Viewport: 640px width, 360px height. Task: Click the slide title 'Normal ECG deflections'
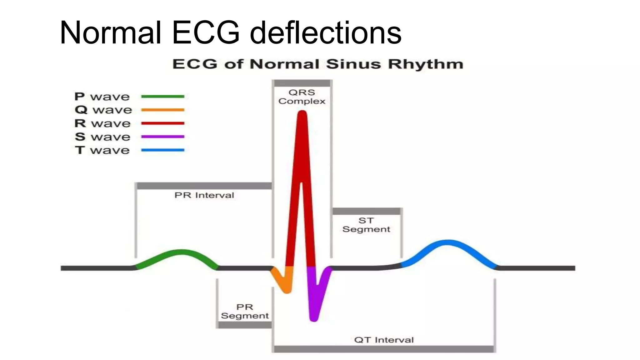(230, 32)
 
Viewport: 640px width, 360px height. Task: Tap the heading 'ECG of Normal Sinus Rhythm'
(317, 64)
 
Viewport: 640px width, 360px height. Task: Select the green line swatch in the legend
(162, 97)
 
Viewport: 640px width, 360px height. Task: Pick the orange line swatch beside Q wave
(162, 110)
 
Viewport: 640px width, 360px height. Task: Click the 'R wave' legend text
(102, 123)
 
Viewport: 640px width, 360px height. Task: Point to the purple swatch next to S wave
(162, 137)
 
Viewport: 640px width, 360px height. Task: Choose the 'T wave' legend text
(102, 150)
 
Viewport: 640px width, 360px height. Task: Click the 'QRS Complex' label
(302, 97)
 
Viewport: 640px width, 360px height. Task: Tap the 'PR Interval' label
(204, 195)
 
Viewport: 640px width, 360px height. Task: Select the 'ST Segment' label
(366, 225)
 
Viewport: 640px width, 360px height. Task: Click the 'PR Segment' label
(245, 311)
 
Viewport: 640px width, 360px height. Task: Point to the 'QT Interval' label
(384, 340)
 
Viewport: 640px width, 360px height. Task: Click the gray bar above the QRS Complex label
(302, 83)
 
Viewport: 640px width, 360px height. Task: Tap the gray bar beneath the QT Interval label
(384, 349)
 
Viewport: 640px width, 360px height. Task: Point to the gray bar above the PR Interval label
(204, 186)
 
